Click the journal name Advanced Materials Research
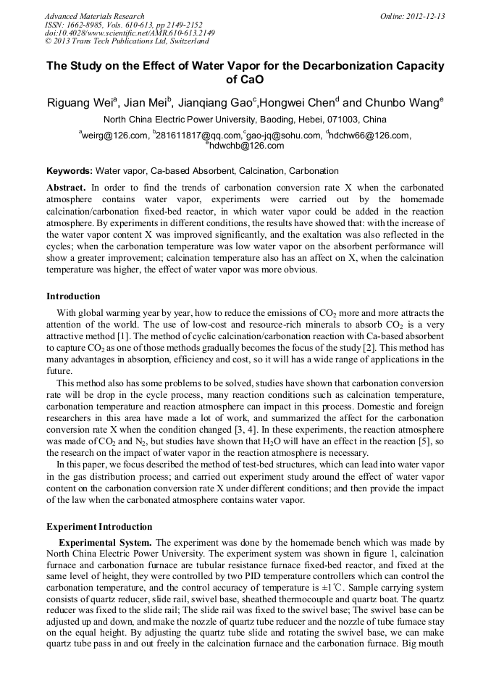(x=95, y=16)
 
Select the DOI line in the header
(x=130, y=33)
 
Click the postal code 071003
(x=337, y=120)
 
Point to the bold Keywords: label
(x=70, y=172)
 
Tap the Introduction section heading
(x=73, y=296)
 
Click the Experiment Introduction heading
(x=99, y=527)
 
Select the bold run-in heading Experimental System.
(x=105, y=543)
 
